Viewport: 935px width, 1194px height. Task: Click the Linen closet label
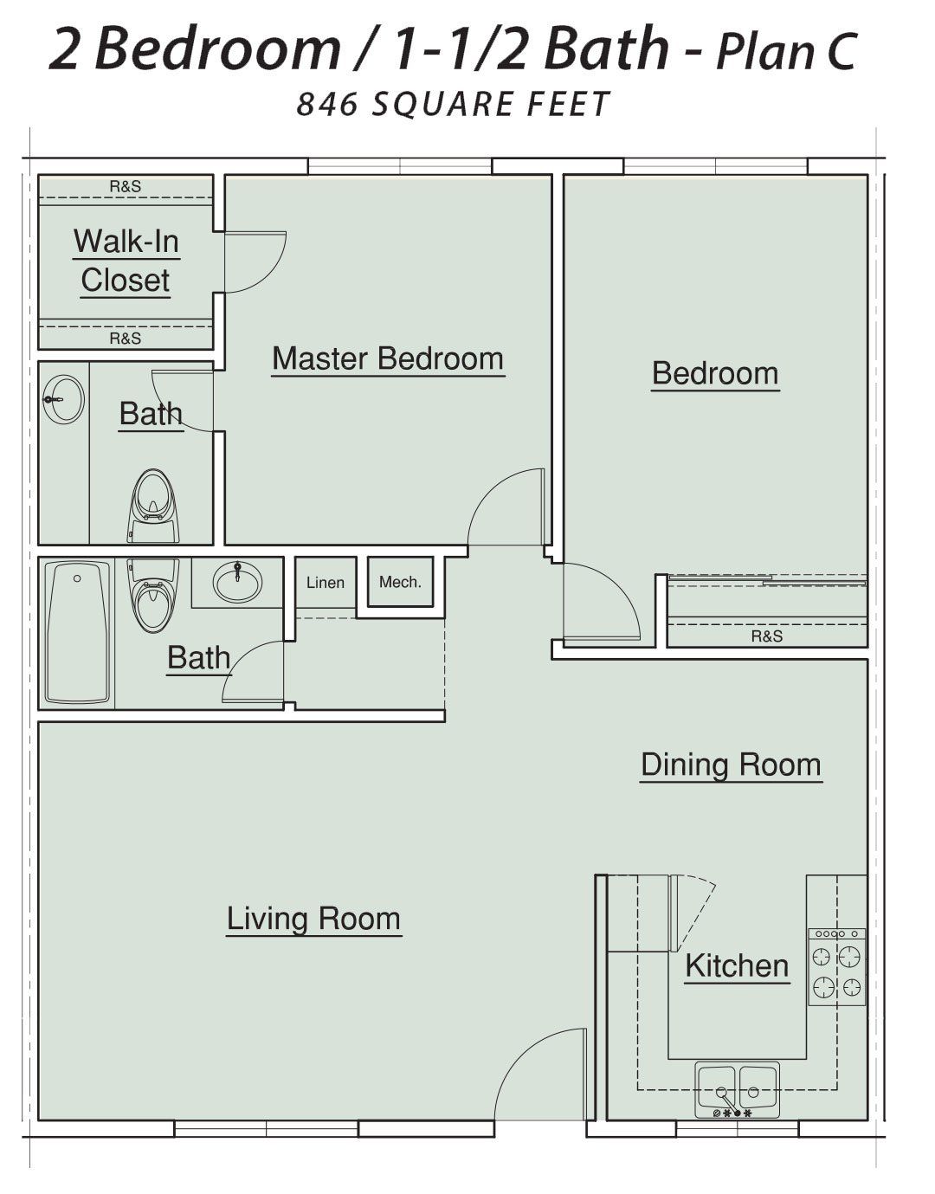(326, 583)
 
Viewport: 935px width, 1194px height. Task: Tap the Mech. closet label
(400, 582)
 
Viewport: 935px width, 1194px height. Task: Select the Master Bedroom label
(388, 358)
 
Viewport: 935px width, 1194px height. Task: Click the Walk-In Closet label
(126, 261)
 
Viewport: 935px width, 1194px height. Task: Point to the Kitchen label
(737, 966)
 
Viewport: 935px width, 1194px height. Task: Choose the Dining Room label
(732, 765)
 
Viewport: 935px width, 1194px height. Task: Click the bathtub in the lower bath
(77, 632)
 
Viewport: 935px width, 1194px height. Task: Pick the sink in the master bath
(64, 399)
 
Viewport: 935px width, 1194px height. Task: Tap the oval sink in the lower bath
(237, 582)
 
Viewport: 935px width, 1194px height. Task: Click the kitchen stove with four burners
(836, 967)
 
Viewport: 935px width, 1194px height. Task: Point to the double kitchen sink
(737, 1090)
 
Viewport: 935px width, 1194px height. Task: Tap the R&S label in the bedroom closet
(767, 636)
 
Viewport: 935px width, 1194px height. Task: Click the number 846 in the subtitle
(327, 104)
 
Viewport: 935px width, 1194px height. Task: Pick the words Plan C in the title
(786, 52)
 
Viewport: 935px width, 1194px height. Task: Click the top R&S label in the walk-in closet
(126, 187)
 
